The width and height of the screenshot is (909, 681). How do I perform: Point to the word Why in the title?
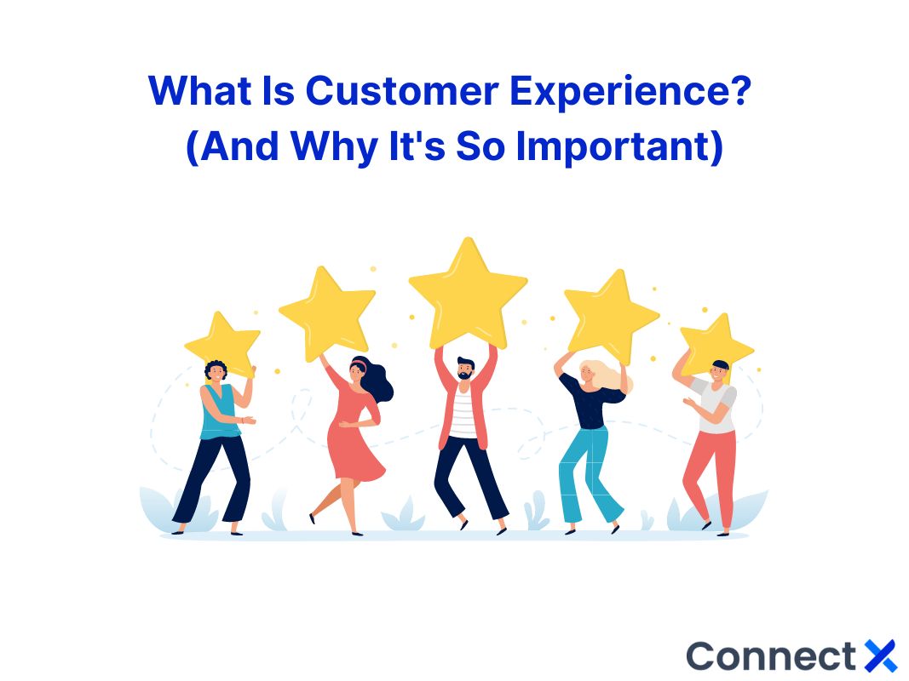point(331,147)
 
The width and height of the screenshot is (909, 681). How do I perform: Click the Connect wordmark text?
point(770,655)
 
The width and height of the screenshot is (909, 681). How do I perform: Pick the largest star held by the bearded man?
point(467,295)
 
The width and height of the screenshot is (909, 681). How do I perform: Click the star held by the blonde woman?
point(610,315)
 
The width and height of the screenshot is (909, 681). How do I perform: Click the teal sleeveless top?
point(219,412)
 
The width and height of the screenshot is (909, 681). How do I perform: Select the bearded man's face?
point(465,371)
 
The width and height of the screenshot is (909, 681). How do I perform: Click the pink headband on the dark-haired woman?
point(358,365)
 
